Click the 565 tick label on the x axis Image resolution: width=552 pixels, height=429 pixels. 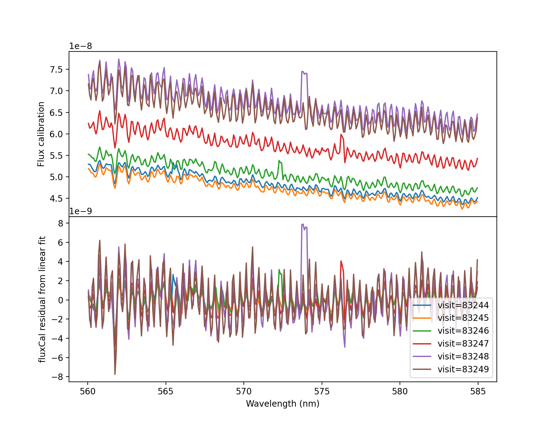click(166, 391)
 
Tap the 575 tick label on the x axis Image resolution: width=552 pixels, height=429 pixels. click(322, 391)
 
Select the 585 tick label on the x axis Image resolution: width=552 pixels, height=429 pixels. click(478, 391)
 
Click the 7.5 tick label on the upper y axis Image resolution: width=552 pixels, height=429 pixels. click(56, 70)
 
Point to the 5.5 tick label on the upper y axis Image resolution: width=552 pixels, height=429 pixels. click(56, 156)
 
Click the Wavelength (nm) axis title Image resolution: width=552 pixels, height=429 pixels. click(282, 404)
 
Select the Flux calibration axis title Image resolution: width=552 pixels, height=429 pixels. click(41, 134)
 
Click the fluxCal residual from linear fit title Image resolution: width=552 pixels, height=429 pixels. click(42, 299)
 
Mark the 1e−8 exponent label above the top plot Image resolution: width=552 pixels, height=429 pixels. click(80, 46)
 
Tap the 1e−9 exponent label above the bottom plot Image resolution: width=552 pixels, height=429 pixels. click(80, 211)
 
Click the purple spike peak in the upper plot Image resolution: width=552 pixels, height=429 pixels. click(303, 72)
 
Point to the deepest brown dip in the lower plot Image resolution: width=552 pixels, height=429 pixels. click(115, 374)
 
